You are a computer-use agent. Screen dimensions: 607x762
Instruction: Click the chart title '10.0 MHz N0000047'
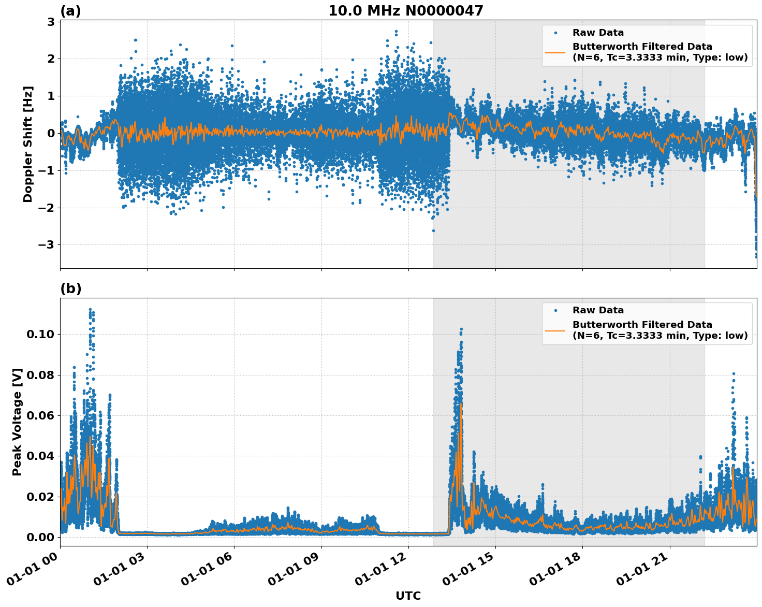tap(405, 11)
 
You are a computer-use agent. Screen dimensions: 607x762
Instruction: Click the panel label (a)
tap(70, 11)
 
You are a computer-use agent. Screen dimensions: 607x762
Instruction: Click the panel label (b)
tap(70, 288)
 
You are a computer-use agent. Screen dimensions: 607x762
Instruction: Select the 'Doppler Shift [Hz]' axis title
tap(28, 144)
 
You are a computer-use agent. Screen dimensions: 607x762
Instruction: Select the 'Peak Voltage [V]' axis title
tap(17, 422)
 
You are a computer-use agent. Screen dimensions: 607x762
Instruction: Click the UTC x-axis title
tap(408, 596)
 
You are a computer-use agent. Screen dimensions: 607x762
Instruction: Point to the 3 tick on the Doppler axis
tap(51, 22)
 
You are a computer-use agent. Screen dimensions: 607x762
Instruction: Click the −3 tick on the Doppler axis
tap(47, 245)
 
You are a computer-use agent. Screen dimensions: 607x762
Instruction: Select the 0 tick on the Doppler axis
tap(51, 134)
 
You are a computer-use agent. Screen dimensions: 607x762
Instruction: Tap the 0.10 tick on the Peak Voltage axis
tap(40, 335)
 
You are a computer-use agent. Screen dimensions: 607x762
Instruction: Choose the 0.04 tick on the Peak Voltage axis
tap(40, 456)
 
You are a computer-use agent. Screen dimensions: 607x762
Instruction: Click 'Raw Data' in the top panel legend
tap(598, 33)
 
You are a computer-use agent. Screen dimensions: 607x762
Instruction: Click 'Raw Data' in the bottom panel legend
tap(598, 310)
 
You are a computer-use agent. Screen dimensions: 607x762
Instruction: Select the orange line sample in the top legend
tap(555, 52)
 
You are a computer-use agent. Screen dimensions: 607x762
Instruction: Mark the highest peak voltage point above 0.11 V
tap(90, 310)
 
